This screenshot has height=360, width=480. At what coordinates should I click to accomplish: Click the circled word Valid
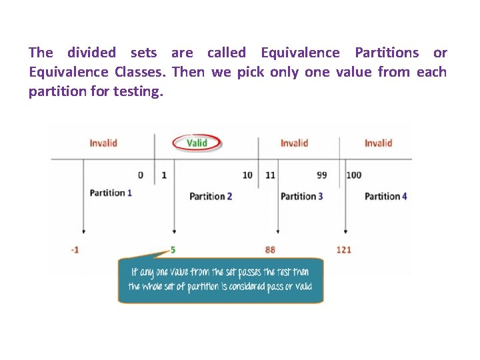(197, 143)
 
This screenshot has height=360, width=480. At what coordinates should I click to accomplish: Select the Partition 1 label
(111, 193)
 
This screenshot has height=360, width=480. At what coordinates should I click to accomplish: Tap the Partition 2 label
(211, 196)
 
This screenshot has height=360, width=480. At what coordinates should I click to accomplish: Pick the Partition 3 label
(302, 196)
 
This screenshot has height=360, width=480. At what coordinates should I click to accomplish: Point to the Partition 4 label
(385, 196)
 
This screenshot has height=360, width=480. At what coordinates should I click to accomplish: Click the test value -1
(75, 249)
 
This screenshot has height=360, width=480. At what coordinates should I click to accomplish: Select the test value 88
(270, 249)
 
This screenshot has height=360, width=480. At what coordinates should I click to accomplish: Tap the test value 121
(343, 249)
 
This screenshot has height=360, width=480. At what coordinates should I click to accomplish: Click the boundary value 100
(354, 175)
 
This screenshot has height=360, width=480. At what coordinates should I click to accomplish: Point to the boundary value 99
(322, 175)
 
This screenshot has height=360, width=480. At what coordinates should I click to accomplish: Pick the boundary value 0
(141, 175)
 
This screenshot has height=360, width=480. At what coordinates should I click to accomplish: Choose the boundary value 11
(270, 175)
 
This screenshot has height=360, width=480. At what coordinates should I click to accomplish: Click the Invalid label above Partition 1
(103, 143)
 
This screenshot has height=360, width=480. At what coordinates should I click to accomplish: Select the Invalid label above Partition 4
(378, 143)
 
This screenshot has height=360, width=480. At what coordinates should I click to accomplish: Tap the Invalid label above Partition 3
(294, 143)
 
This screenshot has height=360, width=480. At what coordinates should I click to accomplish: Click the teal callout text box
(221, 281)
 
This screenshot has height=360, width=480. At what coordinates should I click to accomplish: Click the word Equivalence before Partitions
(300, 53)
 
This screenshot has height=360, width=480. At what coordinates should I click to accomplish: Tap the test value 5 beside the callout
(173, 249)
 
